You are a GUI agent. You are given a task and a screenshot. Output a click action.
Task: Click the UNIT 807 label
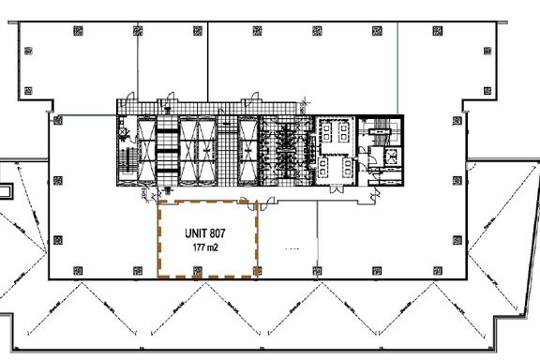(205, 233)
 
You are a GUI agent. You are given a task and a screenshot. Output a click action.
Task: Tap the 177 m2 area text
(205, 247)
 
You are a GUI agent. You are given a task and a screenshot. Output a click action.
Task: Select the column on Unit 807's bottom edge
(197, 271)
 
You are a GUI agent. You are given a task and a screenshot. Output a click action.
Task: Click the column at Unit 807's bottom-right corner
(257, 271)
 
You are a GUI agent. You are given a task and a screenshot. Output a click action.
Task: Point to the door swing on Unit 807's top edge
(244, 200)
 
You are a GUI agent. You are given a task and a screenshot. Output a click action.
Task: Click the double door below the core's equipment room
(337, 188)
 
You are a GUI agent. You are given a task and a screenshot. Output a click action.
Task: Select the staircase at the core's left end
(127, 162)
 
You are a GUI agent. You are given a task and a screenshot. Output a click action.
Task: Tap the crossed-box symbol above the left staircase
(122, 131)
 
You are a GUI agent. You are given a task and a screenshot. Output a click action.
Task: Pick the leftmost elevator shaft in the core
(146, 152)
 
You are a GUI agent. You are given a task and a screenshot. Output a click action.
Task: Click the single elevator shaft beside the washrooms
(247, 152)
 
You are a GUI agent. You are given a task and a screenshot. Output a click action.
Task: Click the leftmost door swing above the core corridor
(129, 97)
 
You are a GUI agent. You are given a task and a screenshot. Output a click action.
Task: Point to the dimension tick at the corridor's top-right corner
(304, 101)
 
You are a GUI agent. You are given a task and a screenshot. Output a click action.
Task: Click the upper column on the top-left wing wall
(28, 51)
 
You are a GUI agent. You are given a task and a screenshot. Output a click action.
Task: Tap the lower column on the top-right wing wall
(487, 91)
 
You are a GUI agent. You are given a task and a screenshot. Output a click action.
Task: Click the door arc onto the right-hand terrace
(472, 166)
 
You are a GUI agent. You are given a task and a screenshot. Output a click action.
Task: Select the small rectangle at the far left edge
(6, 191)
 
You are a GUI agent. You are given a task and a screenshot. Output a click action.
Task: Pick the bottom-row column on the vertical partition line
(317, 271)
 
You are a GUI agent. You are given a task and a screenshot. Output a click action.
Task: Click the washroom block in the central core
(287, 152)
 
